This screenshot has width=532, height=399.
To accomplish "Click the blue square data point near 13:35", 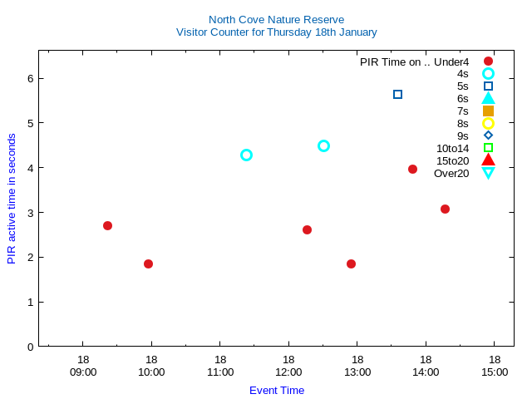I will pos(397,94).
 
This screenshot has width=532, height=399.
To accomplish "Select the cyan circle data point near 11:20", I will pos(246,155).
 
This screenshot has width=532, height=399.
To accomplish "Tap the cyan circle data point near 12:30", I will pos(323,145).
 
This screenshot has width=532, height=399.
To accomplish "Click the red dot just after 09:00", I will pos(107,225).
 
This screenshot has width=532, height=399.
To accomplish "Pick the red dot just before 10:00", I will pos(148,264).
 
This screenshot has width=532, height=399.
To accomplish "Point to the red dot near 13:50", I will pos(412,169).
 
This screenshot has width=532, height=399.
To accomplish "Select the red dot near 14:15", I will pos(445,209).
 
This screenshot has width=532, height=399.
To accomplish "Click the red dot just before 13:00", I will pos(351,264).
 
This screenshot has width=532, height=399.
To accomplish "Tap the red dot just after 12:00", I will pos(307,229).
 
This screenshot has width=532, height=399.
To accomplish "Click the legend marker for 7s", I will pos(488,111).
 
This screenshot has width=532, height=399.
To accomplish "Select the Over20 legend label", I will pos(451,173).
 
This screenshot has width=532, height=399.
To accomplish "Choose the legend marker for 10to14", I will pos(488,148).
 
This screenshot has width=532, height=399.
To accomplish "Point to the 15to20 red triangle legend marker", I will pos(488,160).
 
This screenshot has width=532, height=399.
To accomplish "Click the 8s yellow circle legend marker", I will pos(488,123).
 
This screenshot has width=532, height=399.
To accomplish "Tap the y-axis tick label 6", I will pos(29,78).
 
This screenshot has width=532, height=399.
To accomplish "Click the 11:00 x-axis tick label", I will pos(219,366).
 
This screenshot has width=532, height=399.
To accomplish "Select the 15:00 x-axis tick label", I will pos(494,366).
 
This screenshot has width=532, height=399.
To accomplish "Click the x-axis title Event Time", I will pos(277,390).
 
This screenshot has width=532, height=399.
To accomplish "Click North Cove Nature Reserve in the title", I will pos(276,19).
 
